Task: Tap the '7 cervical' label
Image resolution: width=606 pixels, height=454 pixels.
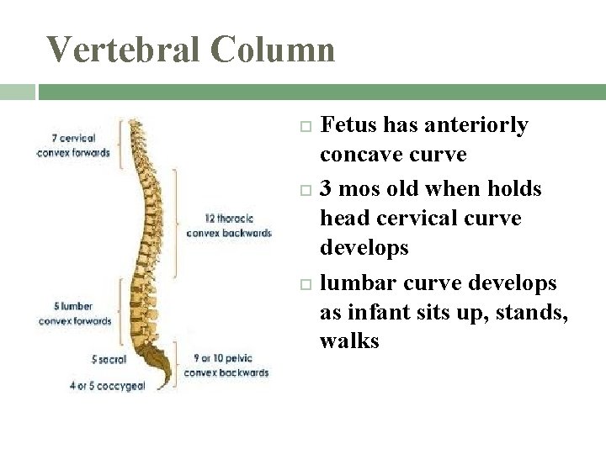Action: (73, 138)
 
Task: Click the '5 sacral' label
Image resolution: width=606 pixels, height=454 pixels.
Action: (109, 359)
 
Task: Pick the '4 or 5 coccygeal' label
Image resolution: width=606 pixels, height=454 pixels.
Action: (108, 386)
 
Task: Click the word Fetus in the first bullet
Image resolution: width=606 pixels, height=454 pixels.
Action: (349, 125)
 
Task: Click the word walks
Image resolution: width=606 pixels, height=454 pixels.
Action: (349, 341)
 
